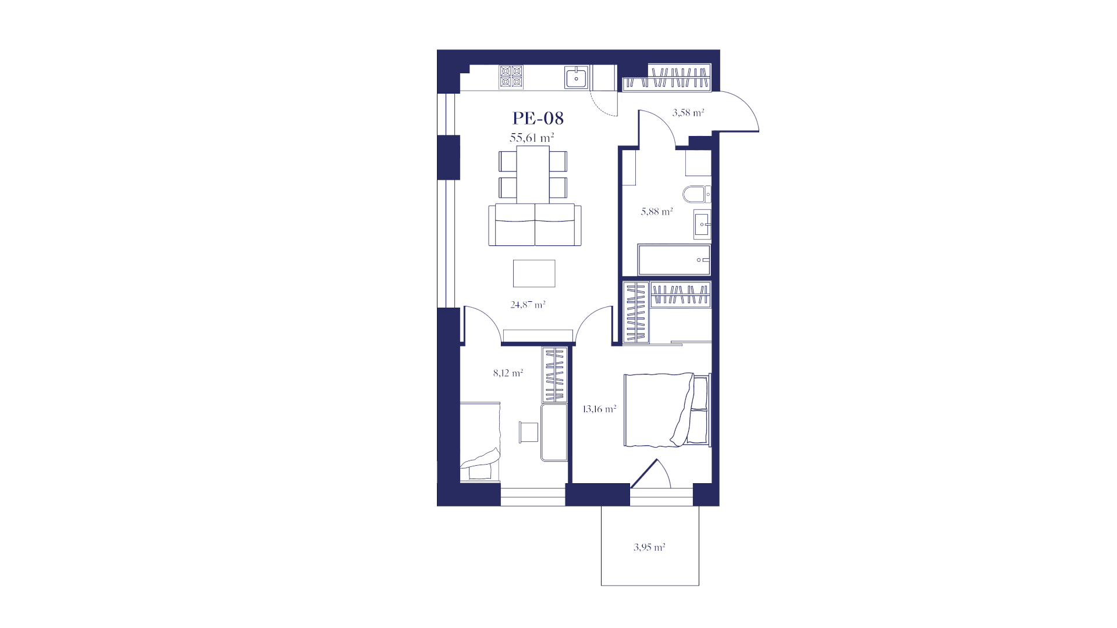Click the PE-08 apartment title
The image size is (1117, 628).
(538, 118)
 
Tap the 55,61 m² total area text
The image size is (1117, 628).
(532, 138)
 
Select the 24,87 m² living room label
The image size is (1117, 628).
(528, 304)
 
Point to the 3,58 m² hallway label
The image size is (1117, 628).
(688, 112)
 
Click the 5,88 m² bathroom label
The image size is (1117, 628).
(657, 212)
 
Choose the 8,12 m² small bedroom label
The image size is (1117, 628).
(508, 373)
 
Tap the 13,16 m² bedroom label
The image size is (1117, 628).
(599, 409)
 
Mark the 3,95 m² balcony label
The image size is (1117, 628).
(649, 547)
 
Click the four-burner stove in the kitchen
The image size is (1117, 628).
(511, 77)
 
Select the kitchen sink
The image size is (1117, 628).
(576, 77)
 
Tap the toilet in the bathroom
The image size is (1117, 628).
(696, 194)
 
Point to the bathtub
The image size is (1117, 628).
(674, 259)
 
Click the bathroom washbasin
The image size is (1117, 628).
(702, 224)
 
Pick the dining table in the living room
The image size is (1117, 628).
(533, 174)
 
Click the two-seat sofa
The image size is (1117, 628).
(535, 225)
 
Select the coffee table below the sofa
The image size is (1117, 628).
(534, 273)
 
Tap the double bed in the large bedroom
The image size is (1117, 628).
(667, 410)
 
